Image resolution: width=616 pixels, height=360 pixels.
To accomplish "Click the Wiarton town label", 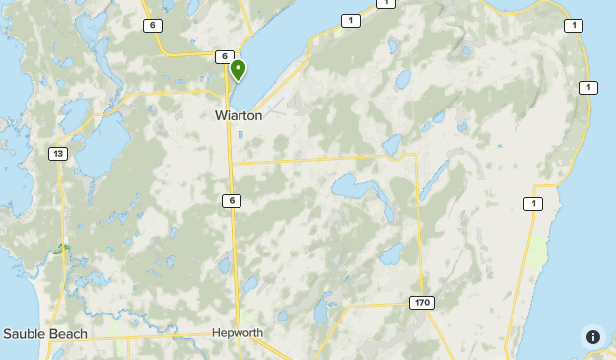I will [238, 115].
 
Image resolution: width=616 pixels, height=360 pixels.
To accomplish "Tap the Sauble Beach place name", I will [45, 334].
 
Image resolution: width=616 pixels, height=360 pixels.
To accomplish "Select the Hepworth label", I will [238, 333].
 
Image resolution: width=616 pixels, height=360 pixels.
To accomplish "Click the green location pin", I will [238, 69].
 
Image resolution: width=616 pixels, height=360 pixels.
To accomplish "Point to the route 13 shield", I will [57, 153].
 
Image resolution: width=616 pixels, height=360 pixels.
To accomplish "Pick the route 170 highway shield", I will [422, 302].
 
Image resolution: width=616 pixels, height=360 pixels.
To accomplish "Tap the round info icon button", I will [592, 336].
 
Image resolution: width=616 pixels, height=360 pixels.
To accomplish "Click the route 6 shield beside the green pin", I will [225, 57].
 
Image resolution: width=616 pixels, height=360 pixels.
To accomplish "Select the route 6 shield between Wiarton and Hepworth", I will [231, 200].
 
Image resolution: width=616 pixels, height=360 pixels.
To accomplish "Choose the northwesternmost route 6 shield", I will [153, 26].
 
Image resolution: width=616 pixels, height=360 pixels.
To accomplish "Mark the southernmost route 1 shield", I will [532, 204].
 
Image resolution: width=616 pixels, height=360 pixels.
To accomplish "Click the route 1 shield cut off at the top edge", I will [385, 3].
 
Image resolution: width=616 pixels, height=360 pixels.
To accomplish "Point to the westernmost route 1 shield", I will [350, 20].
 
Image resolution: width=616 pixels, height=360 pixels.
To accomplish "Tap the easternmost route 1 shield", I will [588, 88].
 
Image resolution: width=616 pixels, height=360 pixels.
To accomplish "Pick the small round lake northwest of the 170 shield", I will [391, 255].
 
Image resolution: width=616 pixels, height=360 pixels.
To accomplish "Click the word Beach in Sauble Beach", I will [68, 334].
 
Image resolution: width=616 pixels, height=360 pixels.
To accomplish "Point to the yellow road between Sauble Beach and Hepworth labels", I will [148, 337].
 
